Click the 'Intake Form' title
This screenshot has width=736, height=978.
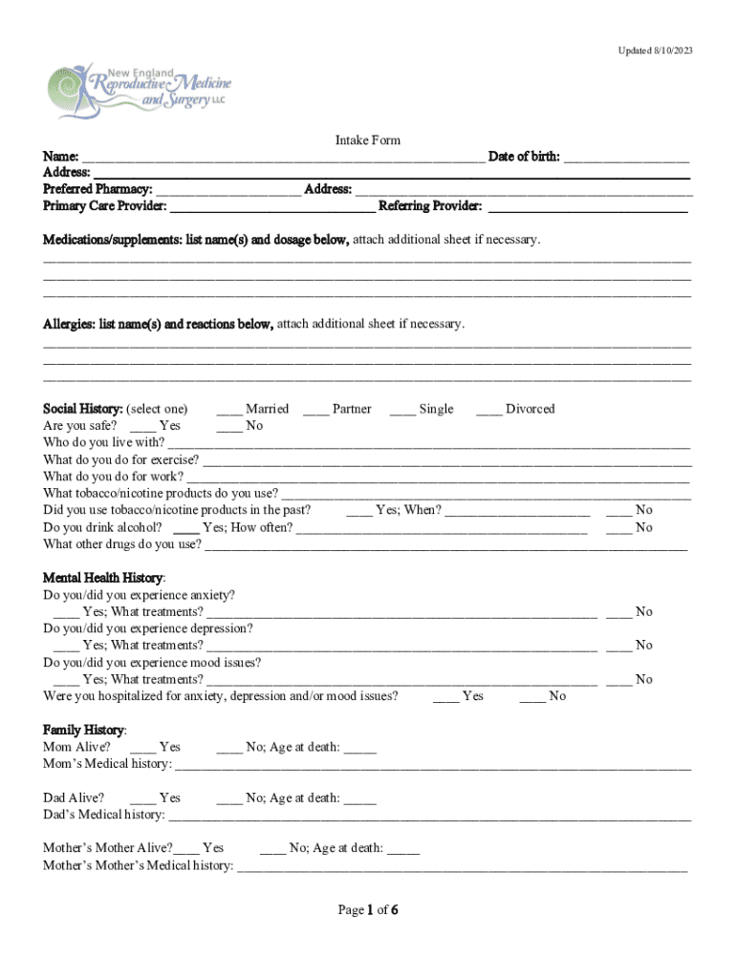[x=368, y=140]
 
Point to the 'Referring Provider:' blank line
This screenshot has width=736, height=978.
[x=588, y=207]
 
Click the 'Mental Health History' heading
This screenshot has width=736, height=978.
[x=103, y=578]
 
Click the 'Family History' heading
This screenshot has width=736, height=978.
[x=84, y=730]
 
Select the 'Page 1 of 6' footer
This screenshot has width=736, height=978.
[x=368, y=910]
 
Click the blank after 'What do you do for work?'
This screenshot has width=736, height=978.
[x=438, y=478]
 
